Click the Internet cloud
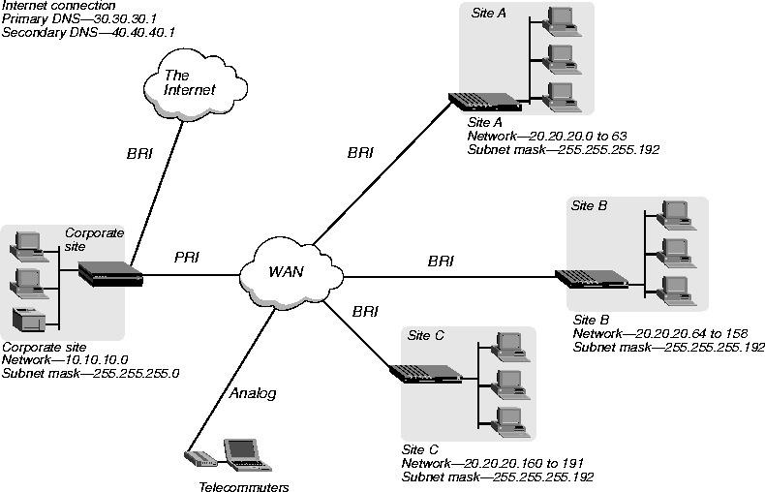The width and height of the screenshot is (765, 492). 190,84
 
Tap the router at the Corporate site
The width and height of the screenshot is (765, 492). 110,273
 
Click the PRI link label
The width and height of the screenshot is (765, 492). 187,258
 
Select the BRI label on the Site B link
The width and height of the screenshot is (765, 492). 441,261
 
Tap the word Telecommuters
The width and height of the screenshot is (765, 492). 244,487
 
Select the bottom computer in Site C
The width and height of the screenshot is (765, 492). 506,419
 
